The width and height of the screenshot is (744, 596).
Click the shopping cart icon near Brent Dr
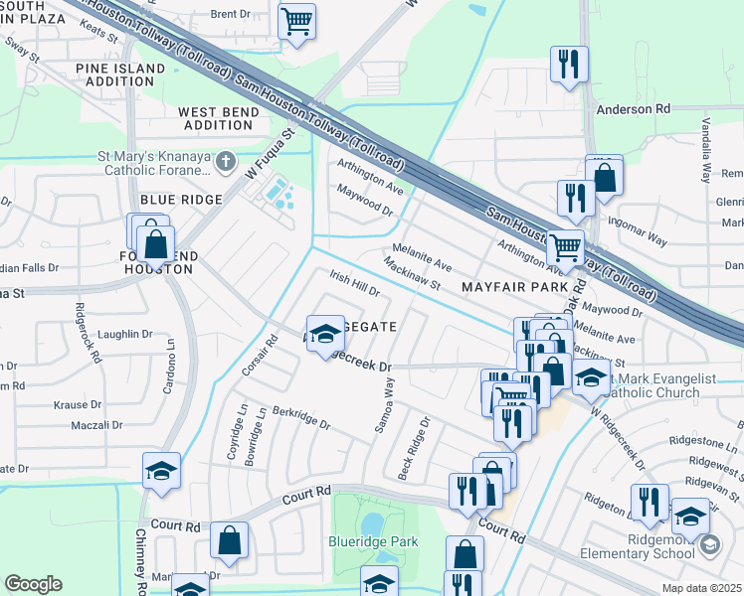point(296,21)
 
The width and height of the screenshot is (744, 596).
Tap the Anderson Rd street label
point(633,108)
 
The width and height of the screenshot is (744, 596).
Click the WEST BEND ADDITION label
point(218,119)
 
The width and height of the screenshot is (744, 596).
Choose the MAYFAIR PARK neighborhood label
point(513,286)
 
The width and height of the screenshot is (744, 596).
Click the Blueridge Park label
point(373,541)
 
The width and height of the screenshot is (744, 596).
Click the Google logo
point(34,584)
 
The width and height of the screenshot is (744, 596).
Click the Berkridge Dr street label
point(300,416)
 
